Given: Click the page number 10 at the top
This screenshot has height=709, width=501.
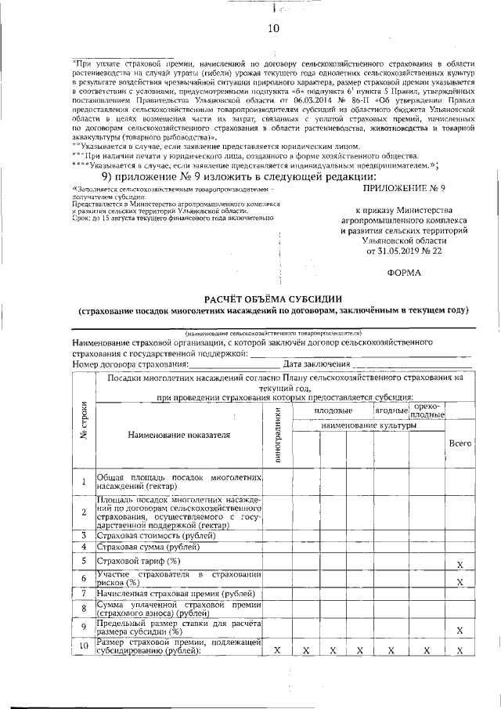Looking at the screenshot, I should (273, 30).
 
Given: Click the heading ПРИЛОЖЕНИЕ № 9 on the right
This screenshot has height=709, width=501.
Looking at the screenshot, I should (404, 189).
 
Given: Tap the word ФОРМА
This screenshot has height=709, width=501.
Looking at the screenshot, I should (404, 273).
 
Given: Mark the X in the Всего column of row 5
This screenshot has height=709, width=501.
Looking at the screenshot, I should (460, 564).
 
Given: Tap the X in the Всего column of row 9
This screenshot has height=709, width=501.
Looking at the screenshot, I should (460, 631).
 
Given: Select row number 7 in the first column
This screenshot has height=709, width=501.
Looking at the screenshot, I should (83, 593).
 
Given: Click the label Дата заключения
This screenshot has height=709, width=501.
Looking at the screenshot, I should (315, 364).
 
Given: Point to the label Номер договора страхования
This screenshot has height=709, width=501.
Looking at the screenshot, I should (130, 364).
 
